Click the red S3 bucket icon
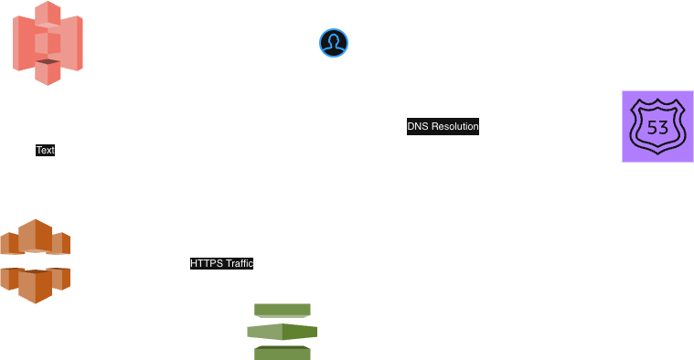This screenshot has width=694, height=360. pos(48,43)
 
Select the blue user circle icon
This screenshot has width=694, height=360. pos(334,43)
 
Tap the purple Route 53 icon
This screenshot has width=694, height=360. pos(657,126)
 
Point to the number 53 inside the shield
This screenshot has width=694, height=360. pos(657,127)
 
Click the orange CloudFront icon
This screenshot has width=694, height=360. pos(35,261)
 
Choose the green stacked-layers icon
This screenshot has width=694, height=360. pos(282,332)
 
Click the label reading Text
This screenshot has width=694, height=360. pos(45,150)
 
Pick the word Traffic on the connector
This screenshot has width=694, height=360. pos(238,263)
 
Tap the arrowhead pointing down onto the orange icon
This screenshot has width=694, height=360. pos(36,214)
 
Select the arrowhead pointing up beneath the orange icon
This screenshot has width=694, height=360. pos(36,309)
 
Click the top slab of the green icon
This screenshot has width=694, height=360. pos(282,310)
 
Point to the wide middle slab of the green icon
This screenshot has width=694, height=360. pos(282,332)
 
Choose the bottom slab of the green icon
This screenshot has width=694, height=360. pos(282,353)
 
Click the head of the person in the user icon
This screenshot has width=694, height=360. pos(334,39)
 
